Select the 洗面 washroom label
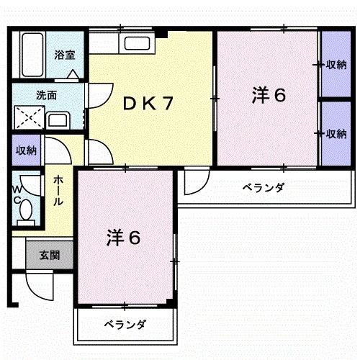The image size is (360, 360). point(48,94)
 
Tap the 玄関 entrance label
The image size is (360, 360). point(50,254)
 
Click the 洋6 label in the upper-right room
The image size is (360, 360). point(269,96)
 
